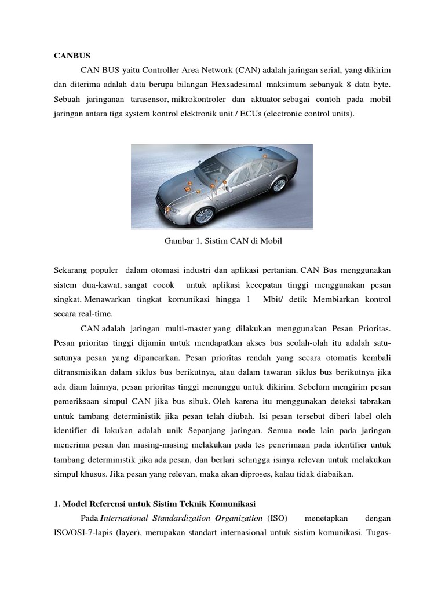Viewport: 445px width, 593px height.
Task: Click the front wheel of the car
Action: [x=203, y=215]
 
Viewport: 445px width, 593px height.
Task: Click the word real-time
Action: [x=89, y=313]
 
